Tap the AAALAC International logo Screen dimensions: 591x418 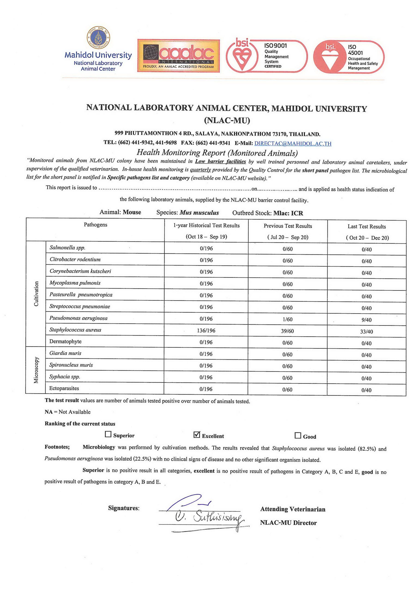179,56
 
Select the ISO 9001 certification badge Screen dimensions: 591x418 267,56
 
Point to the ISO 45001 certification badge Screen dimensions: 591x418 349,57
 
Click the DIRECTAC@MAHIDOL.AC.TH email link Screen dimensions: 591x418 293,143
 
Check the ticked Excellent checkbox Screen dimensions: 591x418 197,435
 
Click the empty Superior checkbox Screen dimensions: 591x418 108,434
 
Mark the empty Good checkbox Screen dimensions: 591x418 298,436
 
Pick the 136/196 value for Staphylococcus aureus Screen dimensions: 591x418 206,331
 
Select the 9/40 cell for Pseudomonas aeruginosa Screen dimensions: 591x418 367,320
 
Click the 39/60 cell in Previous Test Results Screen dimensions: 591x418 288,331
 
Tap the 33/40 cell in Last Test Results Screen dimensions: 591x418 367,332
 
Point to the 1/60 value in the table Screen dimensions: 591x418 288,319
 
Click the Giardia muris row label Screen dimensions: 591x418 65,353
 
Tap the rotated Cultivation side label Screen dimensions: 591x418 36,294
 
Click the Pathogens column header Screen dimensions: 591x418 95,225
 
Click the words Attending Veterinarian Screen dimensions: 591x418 293,509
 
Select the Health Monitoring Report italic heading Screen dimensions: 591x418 217,153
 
